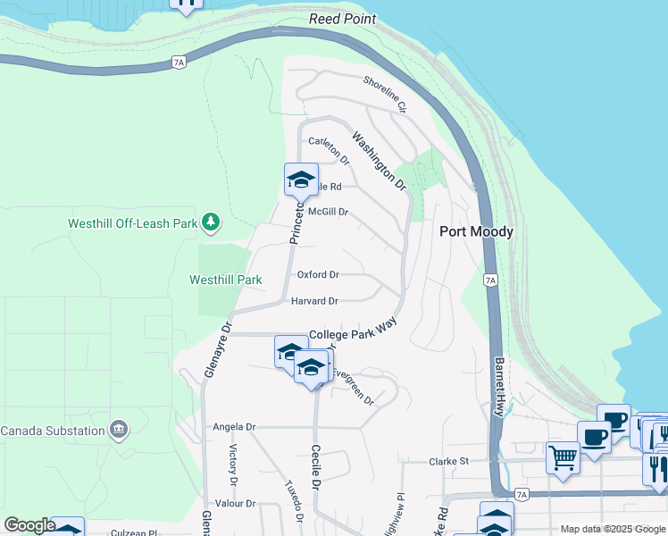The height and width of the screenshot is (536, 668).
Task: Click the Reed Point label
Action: pyautogui.click(x=343, y=19)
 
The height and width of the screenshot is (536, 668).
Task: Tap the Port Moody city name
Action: pyautogui.click(x=476, y=231)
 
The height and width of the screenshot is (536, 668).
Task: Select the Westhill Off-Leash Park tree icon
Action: pyautogui.click(x=210, y=221)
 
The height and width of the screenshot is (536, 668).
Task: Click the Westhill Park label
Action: pyautogui.click(x=226, y=280)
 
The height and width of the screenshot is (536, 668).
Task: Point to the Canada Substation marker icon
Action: pyautogui.click(x=118, y=431)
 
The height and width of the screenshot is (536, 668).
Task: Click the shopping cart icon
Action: pyautogui.click(x=563, y=457)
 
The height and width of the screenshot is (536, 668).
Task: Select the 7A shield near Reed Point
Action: pyautogui.click(x=179, y=62)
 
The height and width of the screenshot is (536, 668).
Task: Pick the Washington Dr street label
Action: pyautogui.click(x=379, y=162)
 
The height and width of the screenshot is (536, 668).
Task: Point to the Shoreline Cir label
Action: pyautogui.click(x=385, y=94)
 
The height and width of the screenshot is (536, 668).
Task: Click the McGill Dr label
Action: pyautogui.click(x=327, y=212)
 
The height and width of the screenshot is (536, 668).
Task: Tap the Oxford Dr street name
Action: pyautogui.click(x=318, y=274)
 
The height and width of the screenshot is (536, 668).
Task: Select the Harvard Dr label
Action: pyautogui.click(x=314, y=301)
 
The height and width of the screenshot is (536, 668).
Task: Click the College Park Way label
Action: pyautogui.click(x=352, y=331)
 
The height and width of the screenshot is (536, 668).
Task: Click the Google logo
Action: pyautogui.click(x=29, y=525)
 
